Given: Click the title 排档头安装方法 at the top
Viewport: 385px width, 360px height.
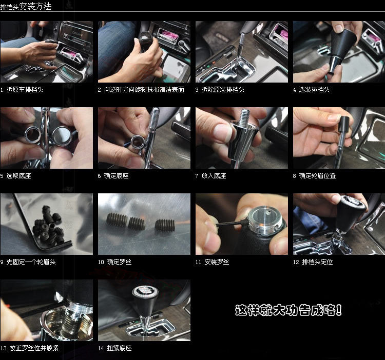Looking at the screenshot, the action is pos(26,7).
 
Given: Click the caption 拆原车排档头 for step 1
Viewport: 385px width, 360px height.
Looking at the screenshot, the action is pos(25,90).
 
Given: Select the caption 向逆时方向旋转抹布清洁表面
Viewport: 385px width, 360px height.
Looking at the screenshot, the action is pos(144,90).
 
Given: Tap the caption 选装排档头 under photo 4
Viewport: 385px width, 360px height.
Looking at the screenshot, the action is pos(314,90).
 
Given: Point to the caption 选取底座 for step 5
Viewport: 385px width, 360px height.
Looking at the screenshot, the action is pos(18,176).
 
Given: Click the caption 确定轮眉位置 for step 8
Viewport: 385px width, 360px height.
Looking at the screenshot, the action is pos(317,176).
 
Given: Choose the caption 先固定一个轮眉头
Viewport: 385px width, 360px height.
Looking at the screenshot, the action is pos(31,262).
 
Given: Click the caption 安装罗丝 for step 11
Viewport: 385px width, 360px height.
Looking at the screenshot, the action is pos(217,262).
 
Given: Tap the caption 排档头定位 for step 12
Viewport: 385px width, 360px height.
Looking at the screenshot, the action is pos(317,262).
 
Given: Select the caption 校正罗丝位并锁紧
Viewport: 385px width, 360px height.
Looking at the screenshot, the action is pos(34,348).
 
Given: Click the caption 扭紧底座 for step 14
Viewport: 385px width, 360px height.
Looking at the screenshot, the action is pos(119,348).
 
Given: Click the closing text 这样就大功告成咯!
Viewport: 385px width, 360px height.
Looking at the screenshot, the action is pos(288,310).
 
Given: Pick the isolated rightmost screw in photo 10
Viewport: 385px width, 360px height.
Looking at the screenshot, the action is pos(165,225).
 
